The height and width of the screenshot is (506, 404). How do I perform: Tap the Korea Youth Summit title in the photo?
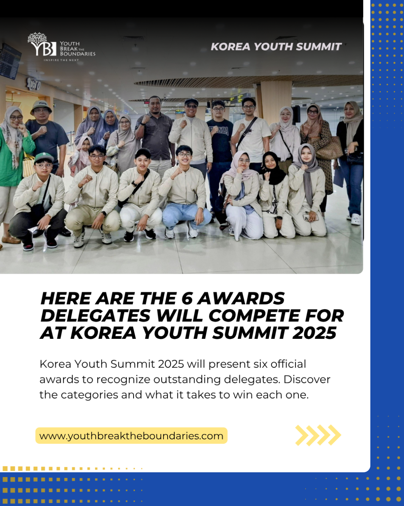coord(276,47)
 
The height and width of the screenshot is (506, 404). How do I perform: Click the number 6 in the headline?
coord(187,299)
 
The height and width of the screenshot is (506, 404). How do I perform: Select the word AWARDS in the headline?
coord(241,299)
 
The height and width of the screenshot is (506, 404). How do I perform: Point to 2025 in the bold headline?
coord(314,333)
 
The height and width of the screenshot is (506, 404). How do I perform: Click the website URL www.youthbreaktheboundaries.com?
coord(131,436)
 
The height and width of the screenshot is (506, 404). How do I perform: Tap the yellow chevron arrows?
coord(318,435)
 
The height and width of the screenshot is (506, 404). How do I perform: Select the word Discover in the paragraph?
coord(307,379)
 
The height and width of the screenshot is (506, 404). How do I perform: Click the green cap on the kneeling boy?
coord(44,157)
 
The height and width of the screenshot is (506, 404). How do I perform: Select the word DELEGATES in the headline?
coord(95,316)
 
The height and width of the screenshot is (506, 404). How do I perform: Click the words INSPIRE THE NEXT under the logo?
coord(61,60)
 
